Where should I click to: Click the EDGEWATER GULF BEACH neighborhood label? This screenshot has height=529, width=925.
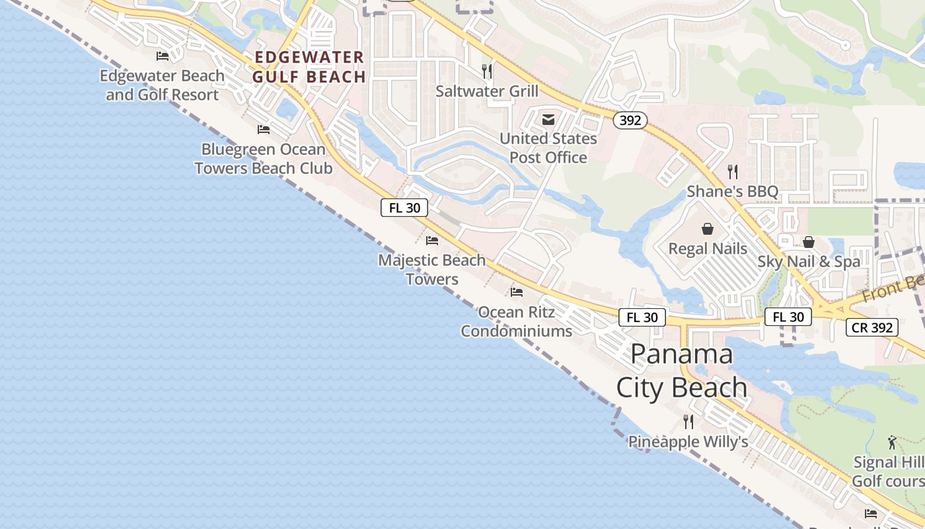[x=309, y=67]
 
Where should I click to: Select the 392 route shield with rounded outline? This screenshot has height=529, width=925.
[x=630, y=120]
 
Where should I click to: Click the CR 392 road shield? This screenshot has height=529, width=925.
[x=872, y=327]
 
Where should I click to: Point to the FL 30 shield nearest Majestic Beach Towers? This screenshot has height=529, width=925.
[x=404, y=208]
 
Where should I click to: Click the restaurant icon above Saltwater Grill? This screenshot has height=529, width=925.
[x=487, y=71]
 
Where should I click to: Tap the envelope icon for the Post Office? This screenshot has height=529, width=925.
[x=548, y=120]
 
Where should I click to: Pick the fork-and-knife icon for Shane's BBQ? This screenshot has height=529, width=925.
[x=732, y=172]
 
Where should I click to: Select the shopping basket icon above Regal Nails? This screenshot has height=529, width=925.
[x=708, y=229]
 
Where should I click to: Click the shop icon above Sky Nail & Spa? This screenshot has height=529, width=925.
[x=809, y=242]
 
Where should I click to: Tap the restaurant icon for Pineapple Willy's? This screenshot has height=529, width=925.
[x=688, y=421]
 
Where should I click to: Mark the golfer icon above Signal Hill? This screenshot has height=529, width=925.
[x=893, y=442]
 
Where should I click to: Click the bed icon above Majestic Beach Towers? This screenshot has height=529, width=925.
[x=432, y=241]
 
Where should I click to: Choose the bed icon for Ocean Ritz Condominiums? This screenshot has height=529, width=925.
[x=517, y=292]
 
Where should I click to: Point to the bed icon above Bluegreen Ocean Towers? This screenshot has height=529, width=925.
[x=264, y=129]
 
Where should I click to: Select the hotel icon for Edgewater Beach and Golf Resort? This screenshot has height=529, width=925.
[x=163, y=56]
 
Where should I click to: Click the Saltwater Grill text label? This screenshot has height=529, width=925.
[x=487, y=91]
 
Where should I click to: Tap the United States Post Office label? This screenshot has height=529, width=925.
[x=548, y=148]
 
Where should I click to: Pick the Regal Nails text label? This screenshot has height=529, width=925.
[x=708, y=249]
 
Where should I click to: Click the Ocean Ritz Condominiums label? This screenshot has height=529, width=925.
[x=517, y=321]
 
